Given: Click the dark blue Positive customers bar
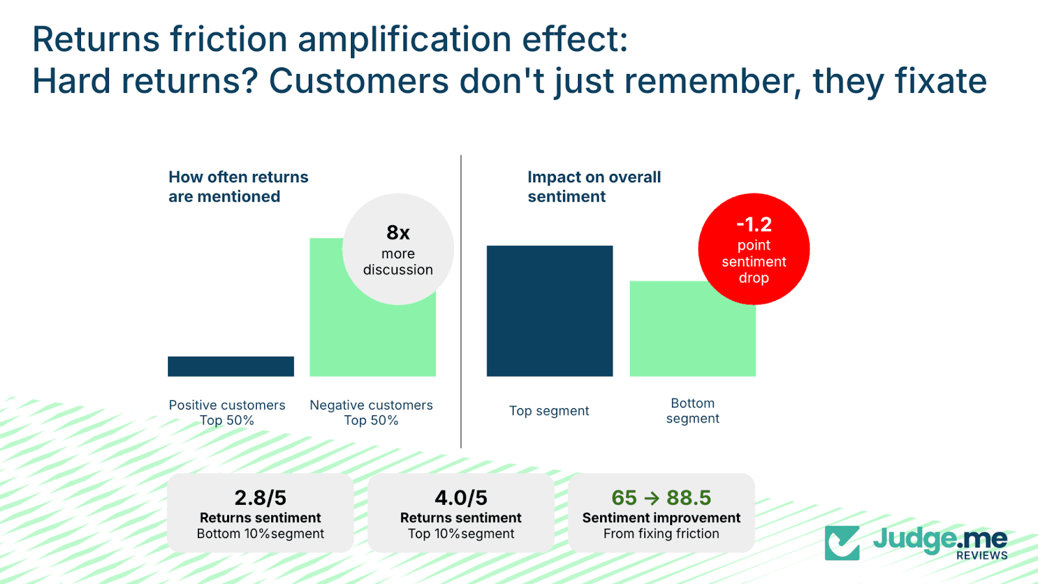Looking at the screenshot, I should (x=230, y=366).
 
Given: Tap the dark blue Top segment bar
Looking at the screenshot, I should (x=549, y=311).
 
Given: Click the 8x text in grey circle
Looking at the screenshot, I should (x=398, y=232).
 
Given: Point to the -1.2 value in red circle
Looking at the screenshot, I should (x=754, y=225).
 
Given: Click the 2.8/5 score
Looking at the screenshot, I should (x=260, y=498).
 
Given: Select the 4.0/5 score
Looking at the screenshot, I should (x=461, y=498).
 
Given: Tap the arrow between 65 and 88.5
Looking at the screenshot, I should (x=651, y=498).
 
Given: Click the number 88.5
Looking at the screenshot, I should (x=688, y=498).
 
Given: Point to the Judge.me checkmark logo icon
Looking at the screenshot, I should (x=842, y=542).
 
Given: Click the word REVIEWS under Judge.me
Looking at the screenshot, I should (x=982, y=555).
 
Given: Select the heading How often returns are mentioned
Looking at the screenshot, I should (x=238, y=186).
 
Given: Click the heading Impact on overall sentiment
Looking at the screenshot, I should (x=594, y=186).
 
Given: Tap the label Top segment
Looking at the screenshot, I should (x=549, y=411).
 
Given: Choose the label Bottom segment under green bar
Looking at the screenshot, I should (x=692, y=411).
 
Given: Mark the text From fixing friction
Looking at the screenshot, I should (x=661, y=533).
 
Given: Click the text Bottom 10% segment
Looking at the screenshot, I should (x=260, y=533).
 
